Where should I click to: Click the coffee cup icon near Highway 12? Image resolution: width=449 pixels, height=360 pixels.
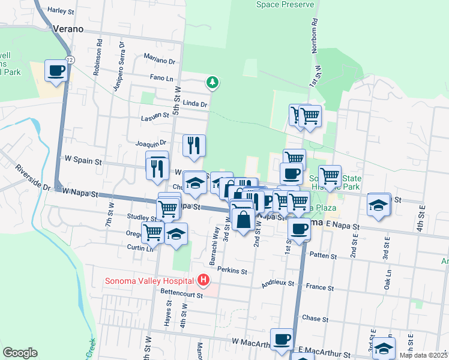pos(56,71)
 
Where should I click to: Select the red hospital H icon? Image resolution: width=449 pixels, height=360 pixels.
pos(204,280)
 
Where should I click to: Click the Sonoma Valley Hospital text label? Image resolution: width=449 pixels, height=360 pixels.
pos(149,280)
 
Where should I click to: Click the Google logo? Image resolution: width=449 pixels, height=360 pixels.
pos(20,353)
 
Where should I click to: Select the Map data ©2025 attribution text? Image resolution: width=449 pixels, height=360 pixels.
pos(423,355)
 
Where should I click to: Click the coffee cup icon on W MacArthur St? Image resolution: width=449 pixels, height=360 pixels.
pos(280,340)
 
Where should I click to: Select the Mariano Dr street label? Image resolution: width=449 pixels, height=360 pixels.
pos(159,61)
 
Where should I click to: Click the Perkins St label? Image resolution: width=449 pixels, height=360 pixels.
pos(232,271)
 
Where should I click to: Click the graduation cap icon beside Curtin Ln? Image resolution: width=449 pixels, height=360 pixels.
pos(176,234)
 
